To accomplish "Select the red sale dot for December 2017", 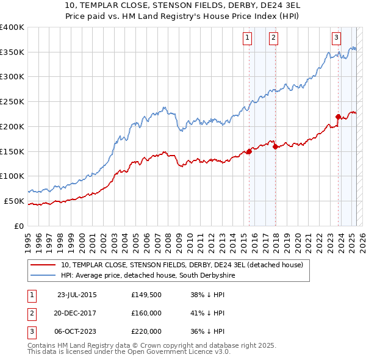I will click(x=275, y=146).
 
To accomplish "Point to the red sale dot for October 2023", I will click(x=338, y=117).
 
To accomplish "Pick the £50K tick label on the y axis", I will click(x=14, y=201).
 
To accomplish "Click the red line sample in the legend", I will click(x=44, y=265).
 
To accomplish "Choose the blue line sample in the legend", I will click(x=44, y=276).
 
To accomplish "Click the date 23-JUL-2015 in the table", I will click(x=77, y=295).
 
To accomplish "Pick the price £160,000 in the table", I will click(x=146, y=313).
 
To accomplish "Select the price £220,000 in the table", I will click(x=146, y=331).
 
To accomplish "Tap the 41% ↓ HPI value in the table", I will click(x=208, y=313).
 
